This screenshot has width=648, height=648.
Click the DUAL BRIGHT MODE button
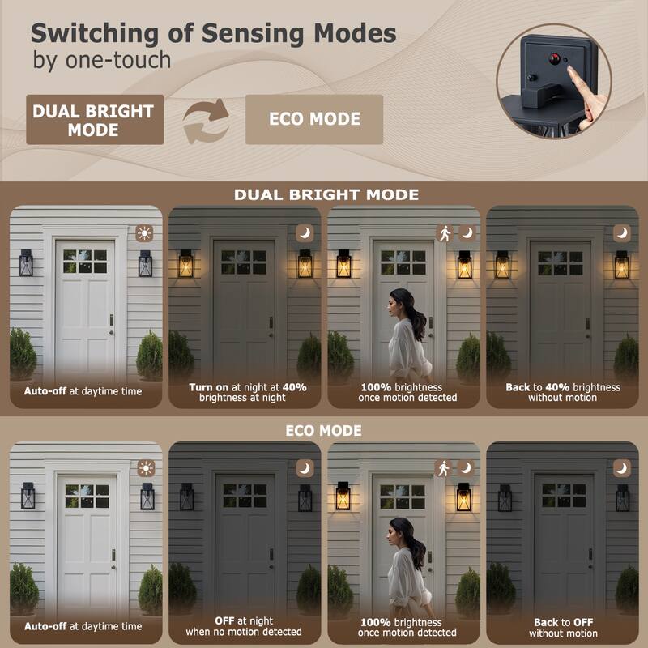pyautogui.click(x=94, y=120)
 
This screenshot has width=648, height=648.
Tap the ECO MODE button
pyautogui.click(x=314, y=119)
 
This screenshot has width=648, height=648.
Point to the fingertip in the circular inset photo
pyautogui.click(x=570, y=72)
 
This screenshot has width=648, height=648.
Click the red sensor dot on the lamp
pyautogui.click(x=555, y=59)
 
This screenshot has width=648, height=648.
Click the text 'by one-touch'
pyautogui.click(x=101, y=60)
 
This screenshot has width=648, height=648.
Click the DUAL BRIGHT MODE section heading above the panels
pyautogui.click(x=326, y=194)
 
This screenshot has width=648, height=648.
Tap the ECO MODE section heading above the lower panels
pyautogui.click(x=323, y=430)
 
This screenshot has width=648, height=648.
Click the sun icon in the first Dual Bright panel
pyautogui.click(x=145, y=232)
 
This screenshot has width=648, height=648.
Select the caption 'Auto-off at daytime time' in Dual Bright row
pyautogui.click(x=83, y=391)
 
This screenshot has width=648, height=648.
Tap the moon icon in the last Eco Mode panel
pyautogui.click(x=621, y=468)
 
